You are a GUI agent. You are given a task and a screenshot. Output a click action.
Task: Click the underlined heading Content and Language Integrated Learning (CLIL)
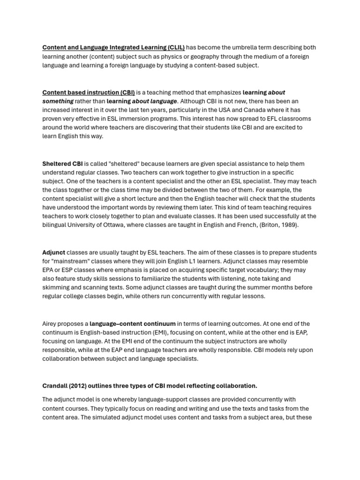[x=113, y=47]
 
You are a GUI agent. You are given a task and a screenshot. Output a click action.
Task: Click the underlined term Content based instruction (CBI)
[x=89, y=92]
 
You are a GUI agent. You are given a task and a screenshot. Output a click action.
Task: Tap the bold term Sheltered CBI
[x=62, y=164]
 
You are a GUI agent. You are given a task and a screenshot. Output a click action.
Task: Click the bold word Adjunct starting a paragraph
[x=54, y=252]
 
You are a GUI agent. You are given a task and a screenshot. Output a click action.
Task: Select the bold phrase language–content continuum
[x=133, y=323]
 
